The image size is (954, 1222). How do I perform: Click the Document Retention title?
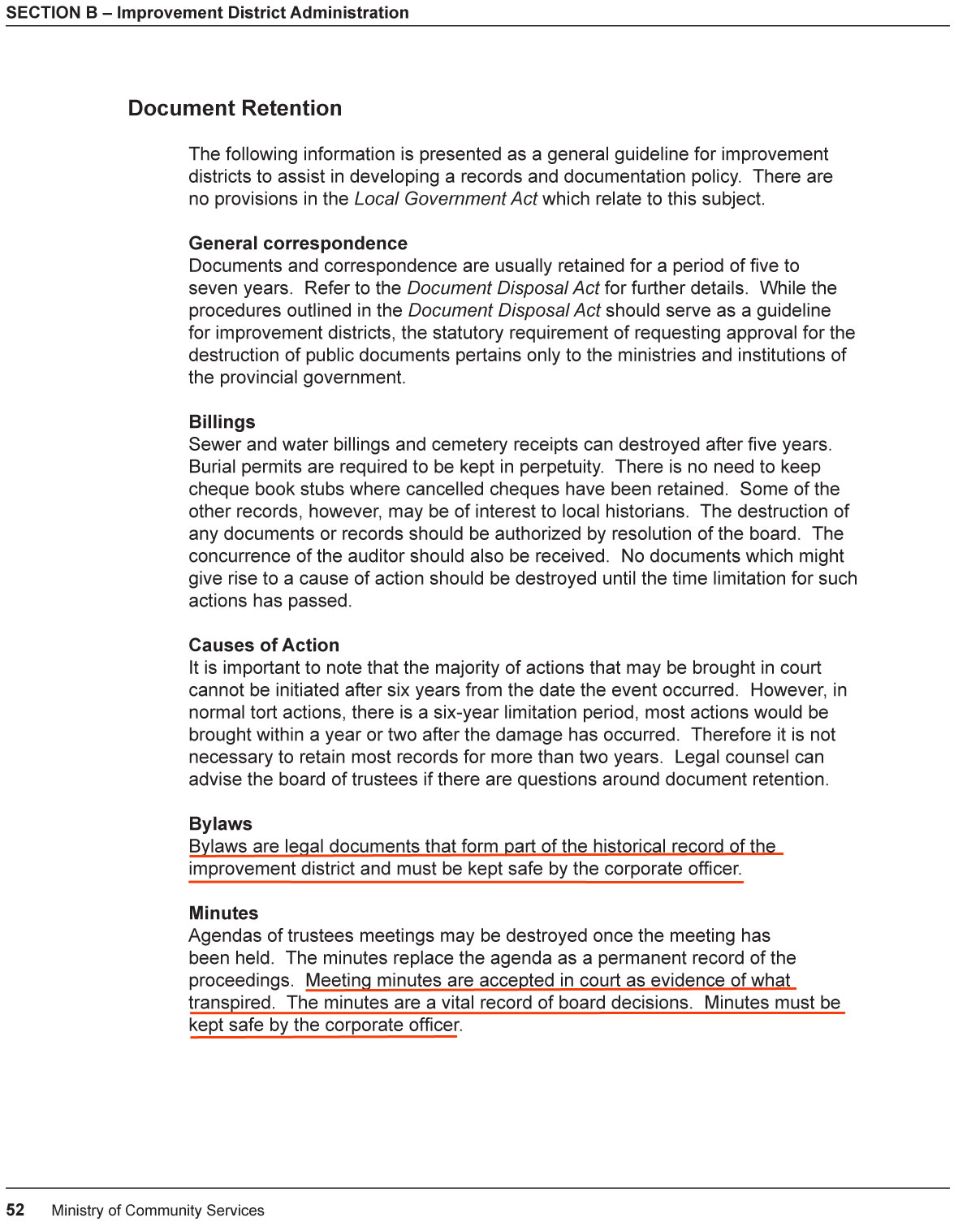click(x=235, y=108)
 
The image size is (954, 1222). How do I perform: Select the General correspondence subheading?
click(x=298, y=244)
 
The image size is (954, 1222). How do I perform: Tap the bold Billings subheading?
click(x=222, y=422)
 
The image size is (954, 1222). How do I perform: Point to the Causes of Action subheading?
click(x=264, y=646)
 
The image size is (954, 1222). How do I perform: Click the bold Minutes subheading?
click(x=223, y=913)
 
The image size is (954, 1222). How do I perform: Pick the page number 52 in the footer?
click(x=15, y=1210)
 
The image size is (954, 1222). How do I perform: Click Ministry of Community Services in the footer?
click(x=158, y=1211)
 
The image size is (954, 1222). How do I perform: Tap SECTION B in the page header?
click(x=51, y=13)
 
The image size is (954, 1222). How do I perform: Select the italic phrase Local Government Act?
click(x=446, y=199)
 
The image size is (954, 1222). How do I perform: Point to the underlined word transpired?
click(x=230, y=1003)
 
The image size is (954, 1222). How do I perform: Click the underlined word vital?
click(x=457, y=1003)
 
